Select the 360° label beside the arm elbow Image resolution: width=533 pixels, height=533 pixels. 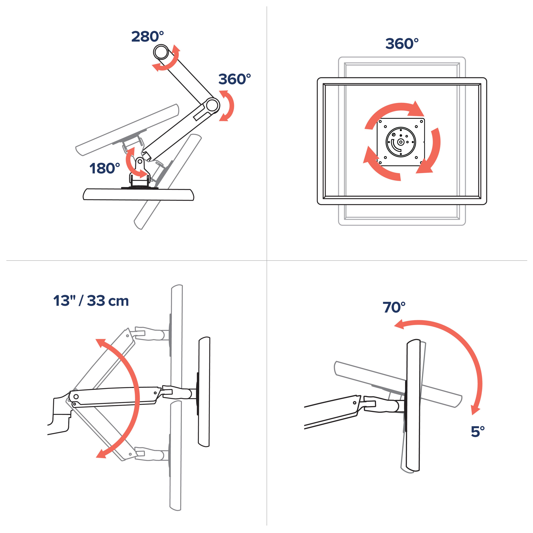(234, 79)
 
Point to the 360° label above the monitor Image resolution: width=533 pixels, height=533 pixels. (402, 44)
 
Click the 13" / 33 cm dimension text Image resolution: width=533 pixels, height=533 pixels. (91, 301)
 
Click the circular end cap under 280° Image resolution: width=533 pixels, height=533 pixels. (161, 52)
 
